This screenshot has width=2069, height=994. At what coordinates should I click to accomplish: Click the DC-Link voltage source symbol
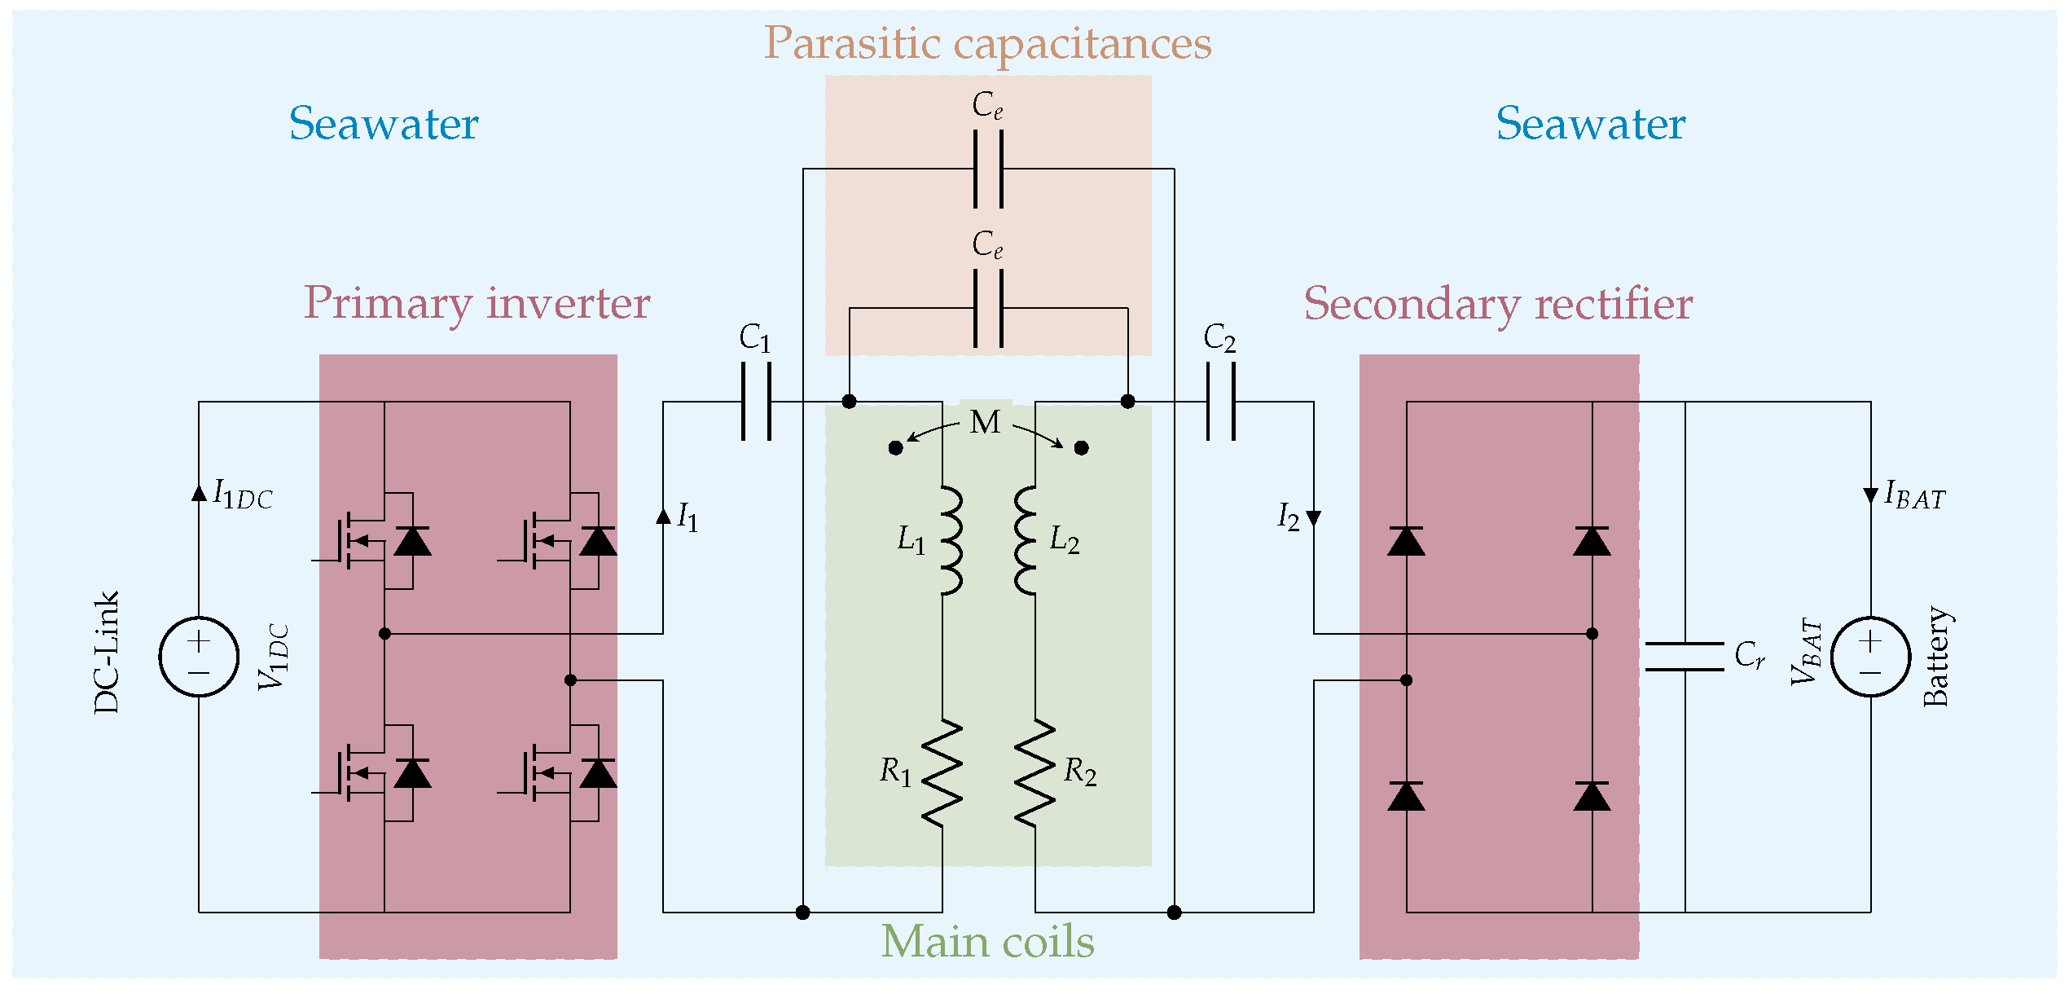pyautogui.click(x=199, y=656)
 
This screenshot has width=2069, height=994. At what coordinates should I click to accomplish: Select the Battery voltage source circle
pyautogui.click(x=1870, y=656)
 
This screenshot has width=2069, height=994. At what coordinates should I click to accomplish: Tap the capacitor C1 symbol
pyautogui.click(x=756, y=401)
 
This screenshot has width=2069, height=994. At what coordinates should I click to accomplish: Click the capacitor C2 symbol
pyautogui.click(x=1220, y=401)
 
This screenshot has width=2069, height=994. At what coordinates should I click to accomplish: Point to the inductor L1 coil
pyautogui.click(x=951, y=541)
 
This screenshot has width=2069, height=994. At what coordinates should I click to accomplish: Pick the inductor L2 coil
pyautogui.click(x=1026, y=541)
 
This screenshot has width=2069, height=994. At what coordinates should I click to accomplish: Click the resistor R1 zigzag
pyautogui.click(x=942, y=773)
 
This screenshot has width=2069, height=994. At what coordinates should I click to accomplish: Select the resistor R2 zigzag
pyautogui.click(x=1035, y=773)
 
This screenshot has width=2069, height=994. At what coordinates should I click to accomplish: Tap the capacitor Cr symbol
pyautogui.click(x=1685, y=657)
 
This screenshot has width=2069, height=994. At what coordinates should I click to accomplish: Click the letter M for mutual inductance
pyautogui.click(x=985, y=423)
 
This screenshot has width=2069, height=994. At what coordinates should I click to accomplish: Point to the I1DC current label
pyautogui.click(x=243, y=495)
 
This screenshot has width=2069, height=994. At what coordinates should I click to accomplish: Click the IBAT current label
pyautogui.click(x=1915, y=495)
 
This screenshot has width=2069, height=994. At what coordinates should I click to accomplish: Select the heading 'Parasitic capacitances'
pyautogui.click(x=987, y=43)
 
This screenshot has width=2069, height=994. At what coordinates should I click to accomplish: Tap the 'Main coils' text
pyautogui.click(x=987, y=942)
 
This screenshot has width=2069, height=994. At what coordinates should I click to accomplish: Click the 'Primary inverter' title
pyautogui.click(x=477, y=304)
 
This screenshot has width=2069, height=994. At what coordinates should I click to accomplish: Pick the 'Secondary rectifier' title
pyautogui.click(x=1498, y=304)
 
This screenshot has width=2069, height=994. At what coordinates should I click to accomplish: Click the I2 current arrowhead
pyautogui.click(x=1313, y=519)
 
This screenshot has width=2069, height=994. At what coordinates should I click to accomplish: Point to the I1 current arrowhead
pyautogui.click(x=663, y=516)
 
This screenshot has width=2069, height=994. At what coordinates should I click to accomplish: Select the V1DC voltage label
pyautogui.click(x=274, y=657)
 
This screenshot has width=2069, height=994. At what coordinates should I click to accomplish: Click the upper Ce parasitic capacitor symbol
pyautogui.click(x=988, y=169)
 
